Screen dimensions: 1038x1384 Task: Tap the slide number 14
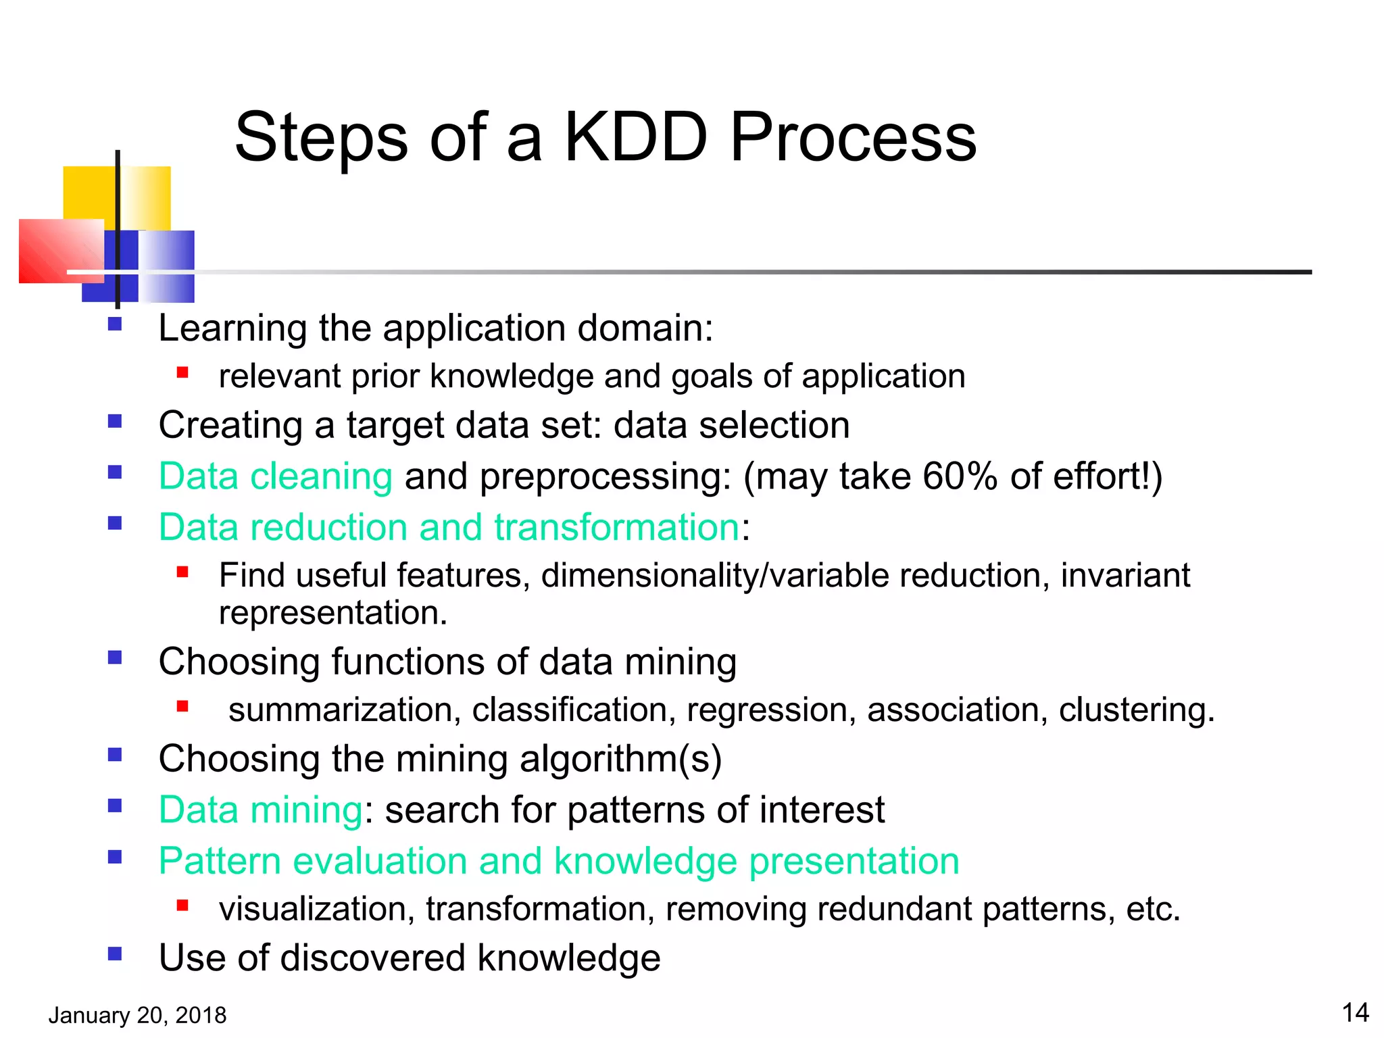1355,1012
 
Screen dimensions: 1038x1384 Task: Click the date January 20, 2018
137,1015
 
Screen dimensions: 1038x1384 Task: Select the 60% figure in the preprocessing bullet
960,476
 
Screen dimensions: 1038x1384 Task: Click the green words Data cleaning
275,476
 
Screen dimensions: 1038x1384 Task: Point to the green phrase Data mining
261,810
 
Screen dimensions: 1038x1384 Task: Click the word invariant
1124,576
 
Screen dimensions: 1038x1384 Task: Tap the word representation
332,613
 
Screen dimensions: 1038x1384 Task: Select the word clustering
1136,710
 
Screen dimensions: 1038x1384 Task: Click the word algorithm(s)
620,759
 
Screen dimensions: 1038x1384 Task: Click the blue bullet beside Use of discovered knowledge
115,954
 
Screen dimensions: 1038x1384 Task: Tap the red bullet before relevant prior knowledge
182,372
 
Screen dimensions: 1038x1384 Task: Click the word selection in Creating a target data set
774,426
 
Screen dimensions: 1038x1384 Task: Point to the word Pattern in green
220,862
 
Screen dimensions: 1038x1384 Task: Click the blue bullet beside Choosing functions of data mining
115,658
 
